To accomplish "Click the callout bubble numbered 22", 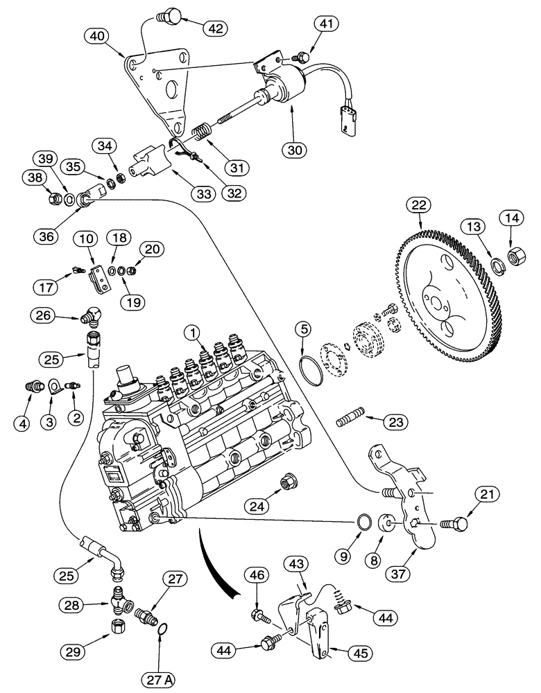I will (x=420, y=206).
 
